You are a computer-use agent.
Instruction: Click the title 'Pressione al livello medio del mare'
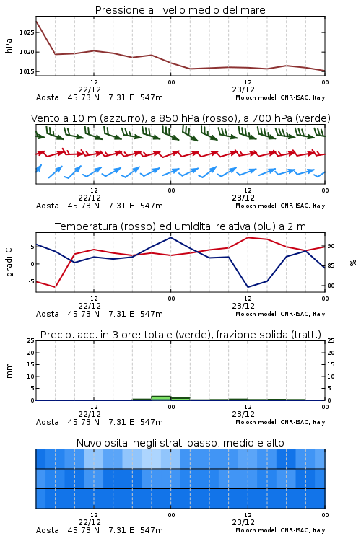pyautogui.click(x=180, y=10)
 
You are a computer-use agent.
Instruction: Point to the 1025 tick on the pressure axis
pyautogui.click(x=27, y=32)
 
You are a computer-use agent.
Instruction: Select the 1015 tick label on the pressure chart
pyautogui.click(x=27, y=71)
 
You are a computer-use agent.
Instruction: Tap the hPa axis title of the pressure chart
pyautogui.click(x=9, y=45)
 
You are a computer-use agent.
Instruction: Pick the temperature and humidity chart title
pyautogui.click(x=180, y=226)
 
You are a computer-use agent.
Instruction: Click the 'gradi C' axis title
pyautogui.click(x=9, y=263)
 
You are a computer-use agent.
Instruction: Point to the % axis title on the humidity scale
pyautogui.click(x=353, y=263)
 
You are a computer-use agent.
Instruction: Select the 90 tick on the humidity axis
pyautogui.click(x=331, y=247)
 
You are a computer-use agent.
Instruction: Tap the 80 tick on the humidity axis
pyautogui.click(x=331, y=286)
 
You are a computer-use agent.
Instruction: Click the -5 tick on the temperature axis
pyautogui.click(x=30, y=281)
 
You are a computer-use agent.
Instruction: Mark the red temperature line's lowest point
pyautogui.click(x=56, y=287)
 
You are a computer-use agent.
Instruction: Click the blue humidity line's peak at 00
pyautogui.click(x=170, y=237)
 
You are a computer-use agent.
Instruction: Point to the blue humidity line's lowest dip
pyautogui.click(x=248, y=287)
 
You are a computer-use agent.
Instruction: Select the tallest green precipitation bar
pyautogui.click(x=161, y=398)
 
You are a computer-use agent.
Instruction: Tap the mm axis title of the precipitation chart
pyautogui.click(x=9, y=371)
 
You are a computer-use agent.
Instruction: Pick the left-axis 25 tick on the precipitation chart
pyautogui.click(x=31, y=340)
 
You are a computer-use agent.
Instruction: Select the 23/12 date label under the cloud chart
pyautogui.click(x=243, y=522)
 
